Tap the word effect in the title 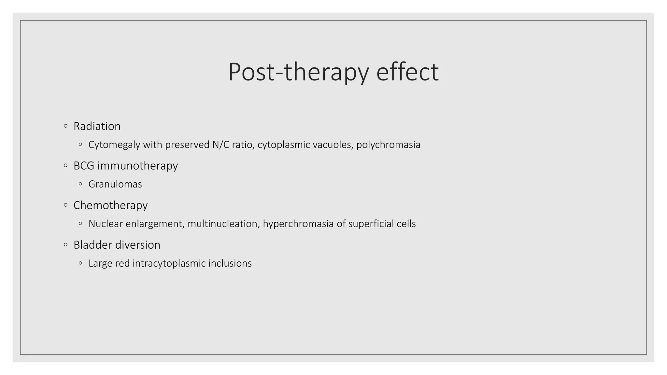tap(407, 72)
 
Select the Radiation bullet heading tap(97, 126)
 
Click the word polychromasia tap(388, 145)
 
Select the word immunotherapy tap(137, 166)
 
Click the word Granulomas tap(115, 184)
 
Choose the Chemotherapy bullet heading tap(110, 205)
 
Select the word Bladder tap(90, 245)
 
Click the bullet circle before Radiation tap(66, 126)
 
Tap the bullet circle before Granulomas tap(80, 184)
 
